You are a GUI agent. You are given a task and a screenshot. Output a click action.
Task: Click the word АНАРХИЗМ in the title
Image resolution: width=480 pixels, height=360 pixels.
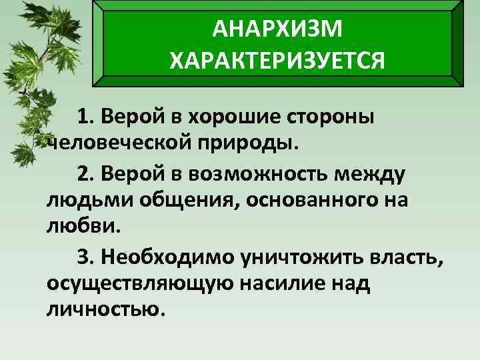277,28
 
